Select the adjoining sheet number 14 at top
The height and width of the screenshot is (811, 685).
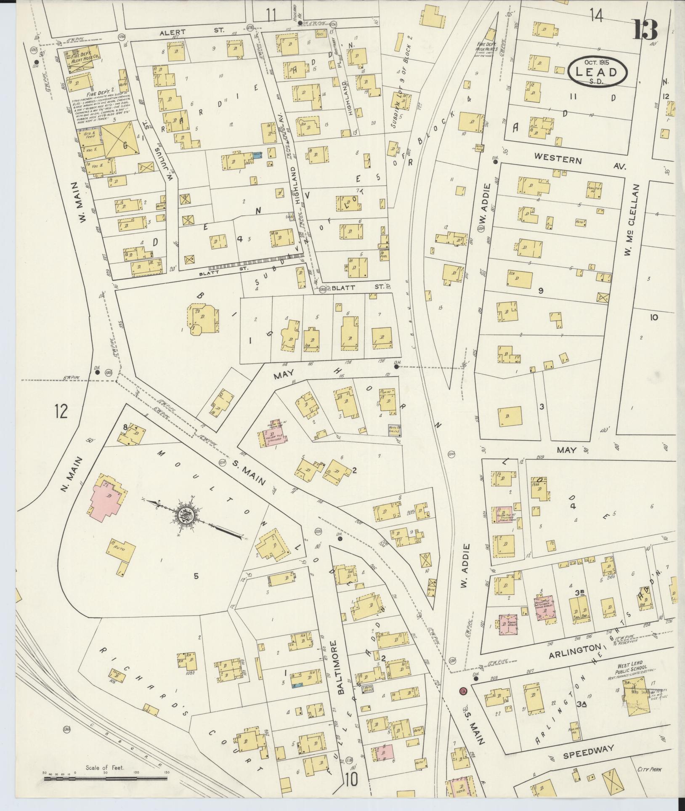point(596,16)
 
